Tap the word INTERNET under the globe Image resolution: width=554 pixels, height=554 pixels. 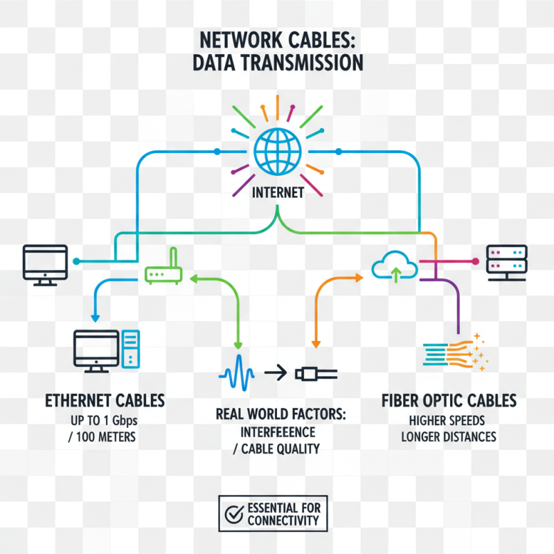pos(276,193)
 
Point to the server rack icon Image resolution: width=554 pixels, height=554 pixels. pos(507,262)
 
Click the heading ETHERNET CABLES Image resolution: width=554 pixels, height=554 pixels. pos(105,400)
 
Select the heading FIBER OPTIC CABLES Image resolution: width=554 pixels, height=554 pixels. pos(449,400)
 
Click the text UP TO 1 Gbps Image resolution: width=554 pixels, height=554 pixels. pos(105,420)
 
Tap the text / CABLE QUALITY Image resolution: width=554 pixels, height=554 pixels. pos(276,449)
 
